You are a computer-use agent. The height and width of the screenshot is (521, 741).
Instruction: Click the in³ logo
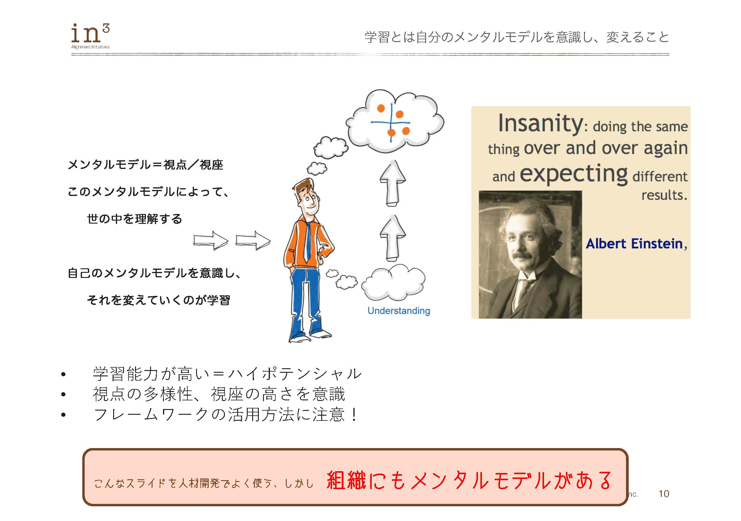90,35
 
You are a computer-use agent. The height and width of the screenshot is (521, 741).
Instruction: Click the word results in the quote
664,195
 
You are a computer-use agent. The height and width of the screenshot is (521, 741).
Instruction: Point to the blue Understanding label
399,311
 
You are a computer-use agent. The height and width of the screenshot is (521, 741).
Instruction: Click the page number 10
664,494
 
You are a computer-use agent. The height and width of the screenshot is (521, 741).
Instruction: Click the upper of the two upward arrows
392,183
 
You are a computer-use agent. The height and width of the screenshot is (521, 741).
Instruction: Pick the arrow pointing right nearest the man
253,240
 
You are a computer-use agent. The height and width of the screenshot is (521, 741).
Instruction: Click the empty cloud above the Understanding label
394,282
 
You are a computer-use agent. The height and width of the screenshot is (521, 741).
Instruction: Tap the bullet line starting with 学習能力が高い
227,374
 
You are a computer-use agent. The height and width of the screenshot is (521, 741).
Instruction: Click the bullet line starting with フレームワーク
225,414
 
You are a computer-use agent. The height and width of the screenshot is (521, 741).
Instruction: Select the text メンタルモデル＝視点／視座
145,165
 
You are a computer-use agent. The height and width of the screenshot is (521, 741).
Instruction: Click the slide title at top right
516,37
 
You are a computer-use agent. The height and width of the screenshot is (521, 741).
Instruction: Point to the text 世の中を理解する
134,219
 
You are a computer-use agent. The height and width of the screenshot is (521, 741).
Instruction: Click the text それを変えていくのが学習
158,300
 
